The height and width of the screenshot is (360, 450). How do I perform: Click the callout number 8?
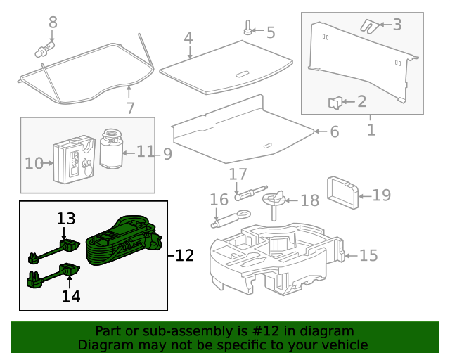coord(53,22)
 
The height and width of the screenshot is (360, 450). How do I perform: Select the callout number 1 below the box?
coord(371,130)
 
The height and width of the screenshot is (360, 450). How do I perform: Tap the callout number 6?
coord(334,131)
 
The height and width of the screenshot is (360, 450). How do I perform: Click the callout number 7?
coord(130,108)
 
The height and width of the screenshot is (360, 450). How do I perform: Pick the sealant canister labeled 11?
coord(110,148)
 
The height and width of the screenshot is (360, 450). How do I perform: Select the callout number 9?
coord(167,153)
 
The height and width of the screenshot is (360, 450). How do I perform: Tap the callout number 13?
coord(65,219)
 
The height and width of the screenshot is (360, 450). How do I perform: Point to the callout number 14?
coord(70,296)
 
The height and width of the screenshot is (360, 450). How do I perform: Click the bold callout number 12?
coord(184,255)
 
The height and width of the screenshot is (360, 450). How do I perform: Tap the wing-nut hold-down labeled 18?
coord(276,200)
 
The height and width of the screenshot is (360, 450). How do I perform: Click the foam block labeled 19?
coord(342,193)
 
